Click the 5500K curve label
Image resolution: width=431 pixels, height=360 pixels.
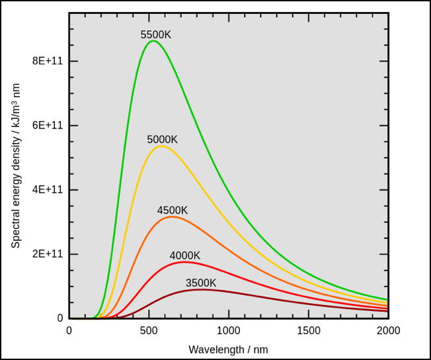pos(156,34)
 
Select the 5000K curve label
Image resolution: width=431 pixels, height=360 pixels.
pos(163,140)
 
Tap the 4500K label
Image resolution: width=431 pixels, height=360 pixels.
pos(173,210)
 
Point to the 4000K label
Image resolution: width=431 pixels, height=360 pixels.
pos(185,255)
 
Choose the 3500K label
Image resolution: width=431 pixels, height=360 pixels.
pos(201,283)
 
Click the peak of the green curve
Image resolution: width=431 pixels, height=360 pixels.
pos(153,41)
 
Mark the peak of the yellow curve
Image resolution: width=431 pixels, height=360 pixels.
pos(161,146)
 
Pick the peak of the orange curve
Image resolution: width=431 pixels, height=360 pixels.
pos(171,216)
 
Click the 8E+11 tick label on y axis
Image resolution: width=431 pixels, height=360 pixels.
pos(46,61)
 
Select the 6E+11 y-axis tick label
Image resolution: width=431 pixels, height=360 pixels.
pos(46,125)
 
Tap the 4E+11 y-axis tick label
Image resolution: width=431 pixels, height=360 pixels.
pos(46,189)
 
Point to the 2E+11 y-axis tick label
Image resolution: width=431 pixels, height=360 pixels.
pos(46,254)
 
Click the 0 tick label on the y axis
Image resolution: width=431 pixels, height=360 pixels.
pos(59,318)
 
